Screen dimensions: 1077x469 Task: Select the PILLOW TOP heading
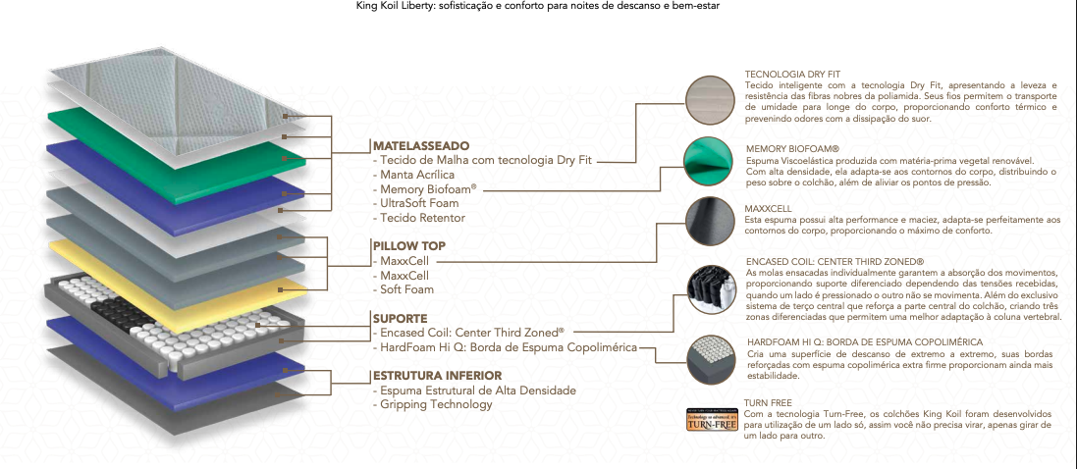408,246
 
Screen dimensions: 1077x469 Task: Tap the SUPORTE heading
400,319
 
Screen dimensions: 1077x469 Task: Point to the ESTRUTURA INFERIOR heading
437,376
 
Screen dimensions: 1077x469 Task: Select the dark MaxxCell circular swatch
710,222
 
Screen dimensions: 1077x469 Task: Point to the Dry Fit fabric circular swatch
711,102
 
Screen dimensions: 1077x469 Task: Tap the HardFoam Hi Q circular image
711,359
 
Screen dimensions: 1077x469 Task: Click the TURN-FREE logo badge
713,420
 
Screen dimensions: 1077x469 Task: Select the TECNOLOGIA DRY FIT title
792,74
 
